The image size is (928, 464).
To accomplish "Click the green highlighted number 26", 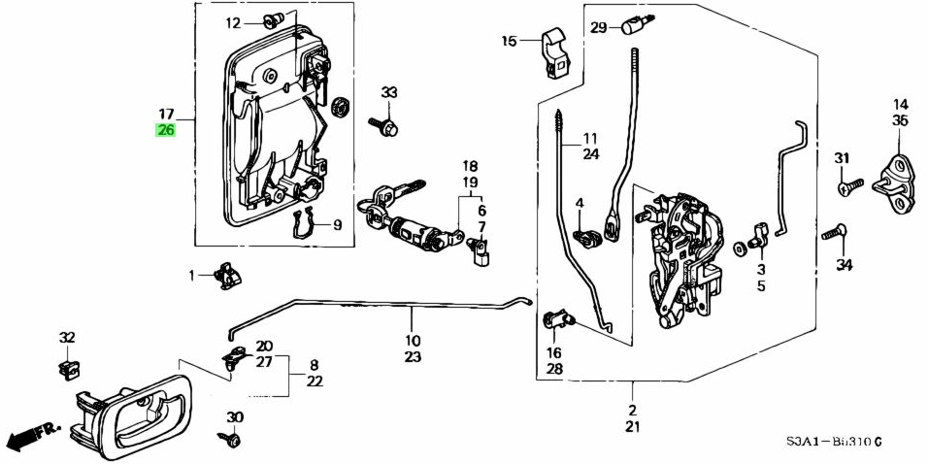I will pos(166,130).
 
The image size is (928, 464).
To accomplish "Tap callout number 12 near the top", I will pos(233,22).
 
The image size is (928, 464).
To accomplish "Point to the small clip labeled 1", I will pos(228,276).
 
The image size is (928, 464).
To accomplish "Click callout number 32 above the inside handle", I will pos(66,338).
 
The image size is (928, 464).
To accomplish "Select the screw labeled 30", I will pos(233,440).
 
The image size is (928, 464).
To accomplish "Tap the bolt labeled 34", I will pos(836,234).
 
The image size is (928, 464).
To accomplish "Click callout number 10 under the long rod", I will pos(413,341).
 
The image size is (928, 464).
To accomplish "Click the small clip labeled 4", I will pos(587,235).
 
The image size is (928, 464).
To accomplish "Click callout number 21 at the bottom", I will pos(633,428).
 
